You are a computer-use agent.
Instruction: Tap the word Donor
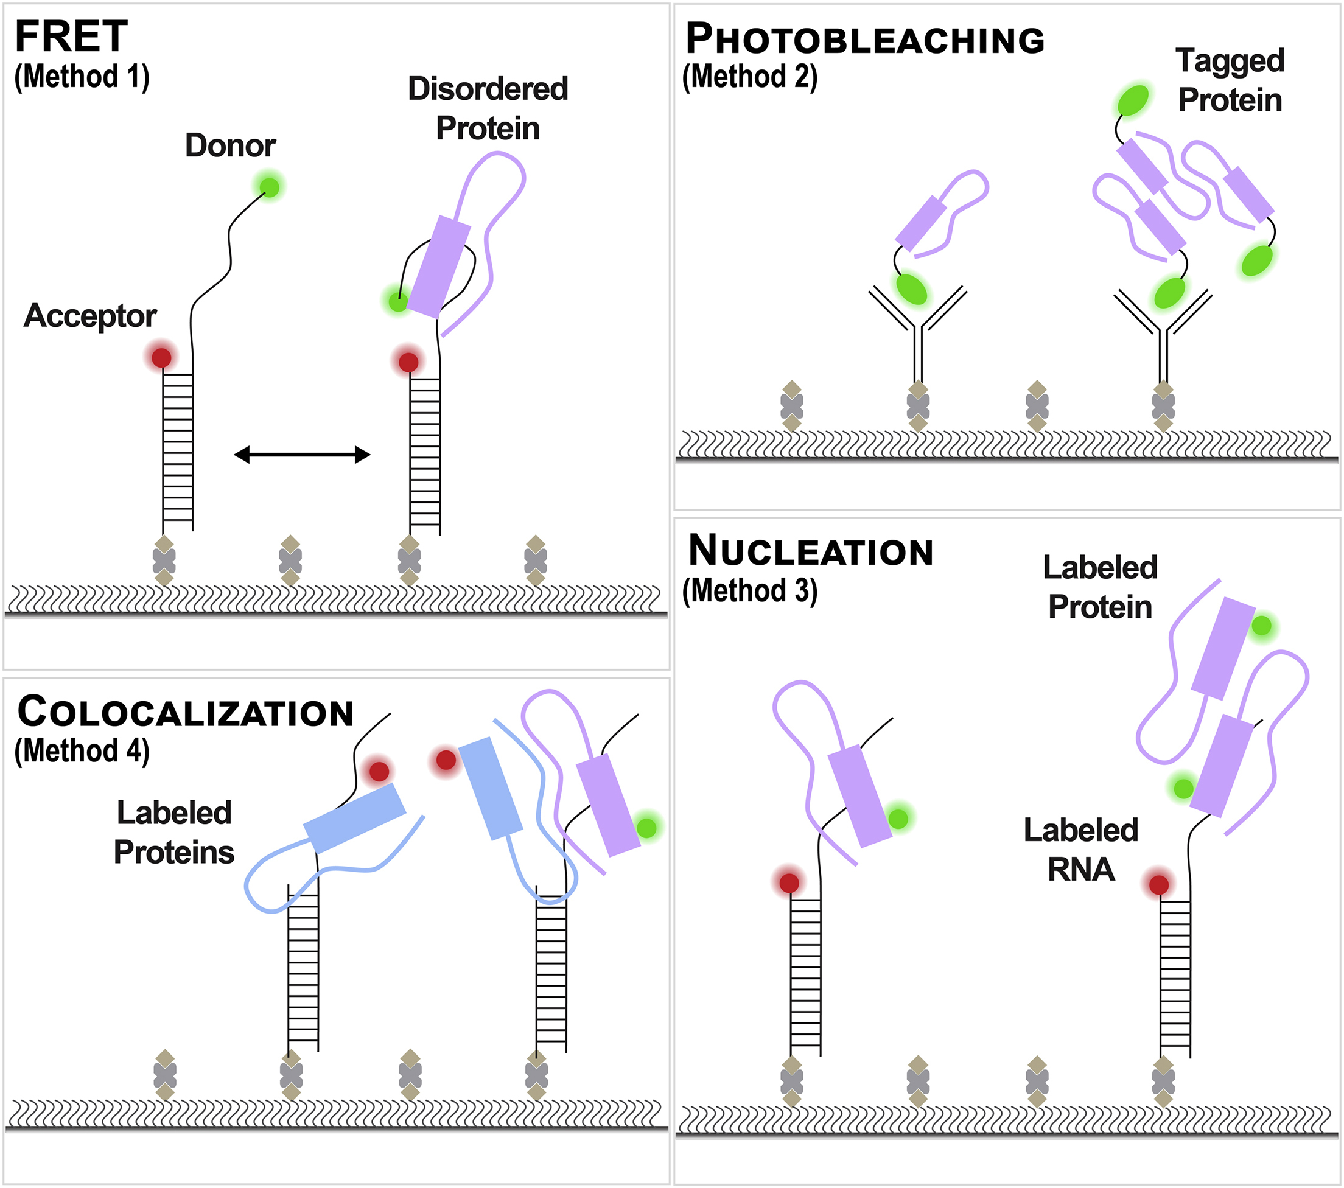pos(230,145)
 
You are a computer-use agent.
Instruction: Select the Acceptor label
pos(90,316)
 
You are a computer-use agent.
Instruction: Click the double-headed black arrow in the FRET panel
pos(303,454)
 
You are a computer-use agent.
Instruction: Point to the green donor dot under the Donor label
pos(270,187)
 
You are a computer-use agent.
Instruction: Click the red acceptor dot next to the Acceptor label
pos(162,358)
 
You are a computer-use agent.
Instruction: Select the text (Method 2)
pos(749,77)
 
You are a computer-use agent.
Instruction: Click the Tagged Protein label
pos(1230,80)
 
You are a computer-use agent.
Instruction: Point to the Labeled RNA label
pos(1081,850)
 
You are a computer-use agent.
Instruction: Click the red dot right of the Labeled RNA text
pos(1158,884)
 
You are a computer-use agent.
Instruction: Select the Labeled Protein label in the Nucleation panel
pos(1100,587)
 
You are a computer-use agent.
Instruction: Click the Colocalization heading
pos(186,712)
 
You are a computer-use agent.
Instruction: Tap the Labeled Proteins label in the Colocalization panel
pos(174,833)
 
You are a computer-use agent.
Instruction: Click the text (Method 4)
pos(82,751)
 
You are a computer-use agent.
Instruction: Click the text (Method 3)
pos(749,590)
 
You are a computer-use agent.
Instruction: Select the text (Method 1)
pos(82,77)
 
